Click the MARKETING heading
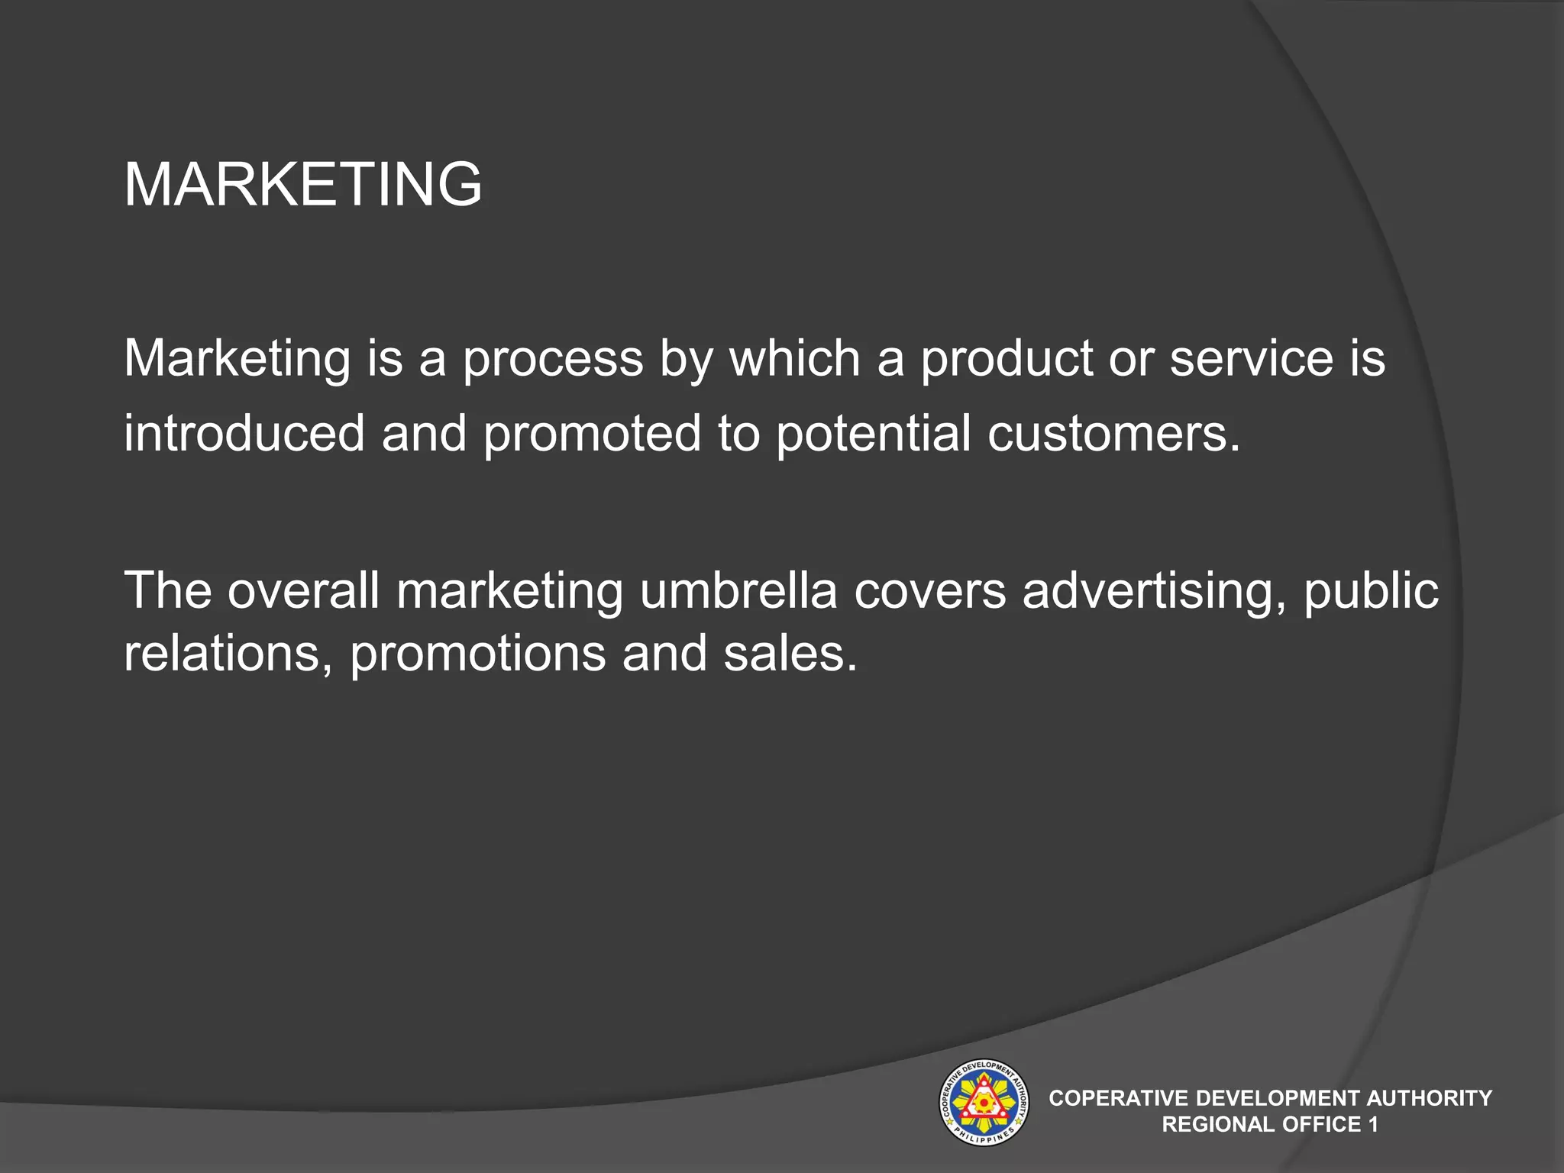[x=302, y=184]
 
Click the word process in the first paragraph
[x=554, y=359]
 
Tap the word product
[x=1007, y=359]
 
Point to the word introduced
[x=244, y=433]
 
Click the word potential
[x=873, y=433]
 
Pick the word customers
[x=1113, y=433]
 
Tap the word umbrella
[x=738, y=590]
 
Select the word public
[x=1371, y=591]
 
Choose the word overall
[x=303, y=590]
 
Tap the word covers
[x=929, y=591]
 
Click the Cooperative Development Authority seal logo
[x=984, y=1102]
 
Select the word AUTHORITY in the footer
[x=1429, y=1098]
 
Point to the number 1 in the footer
[x=1373, y=1124]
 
